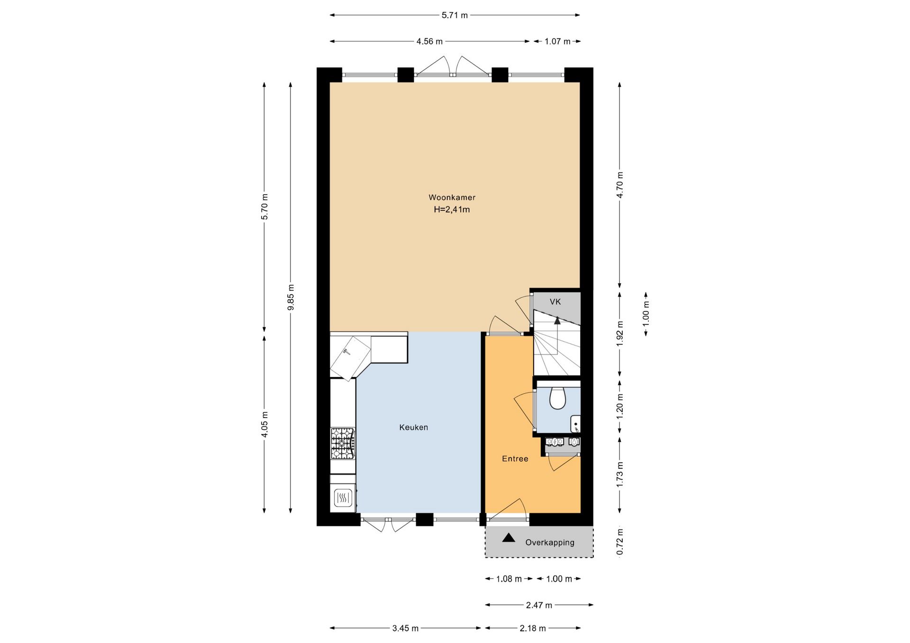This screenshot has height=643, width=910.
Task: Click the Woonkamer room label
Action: click(x=452, y=197)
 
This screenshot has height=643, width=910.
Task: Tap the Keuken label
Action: click(x=413, y=427)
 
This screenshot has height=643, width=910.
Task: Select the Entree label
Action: click(x=515, y=458)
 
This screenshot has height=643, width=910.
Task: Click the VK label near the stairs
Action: click(x=555, y=302)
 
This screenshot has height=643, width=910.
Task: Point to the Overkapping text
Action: click(x=550, y=542)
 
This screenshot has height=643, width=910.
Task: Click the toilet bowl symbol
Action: click(x=557, y=398)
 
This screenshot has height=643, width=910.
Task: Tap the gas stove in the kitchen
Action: click(x=343, y=443)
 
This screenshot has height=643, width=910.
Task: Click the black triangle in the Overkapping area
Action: click(x=509, y=537)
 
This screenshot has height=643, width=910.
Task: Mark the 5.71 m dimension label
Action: click(x=455, y=15)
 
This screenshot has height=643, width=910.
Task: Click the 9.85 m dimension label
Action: click(x=291, y=297)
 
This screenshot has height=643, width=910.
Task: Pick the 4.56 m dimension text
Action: click(x=429, y=41)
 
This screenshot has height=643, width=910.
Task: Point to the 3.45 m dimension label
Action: click(x=405, y=628)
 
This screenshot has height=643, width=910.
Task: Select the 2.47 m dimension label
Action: click(x=539, y=605)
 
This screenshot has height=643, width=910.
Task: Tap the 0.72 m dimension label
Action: click(x=620, y=542)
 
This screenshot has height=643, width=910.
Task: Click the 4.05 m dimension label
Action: click(x=264, y=424)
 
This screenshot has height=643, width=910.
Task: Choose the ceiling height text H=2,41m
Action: click(x=452, y=209)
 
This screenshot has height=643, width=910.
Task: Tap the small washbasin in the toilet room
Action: click(x=575, y=423)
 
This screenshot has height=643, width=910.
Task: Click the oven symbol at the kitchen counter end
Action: click(x=343, y=498)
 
